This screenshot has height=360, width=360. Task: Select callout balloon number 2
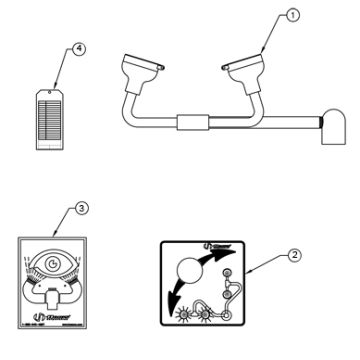[x=294, y=255]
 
